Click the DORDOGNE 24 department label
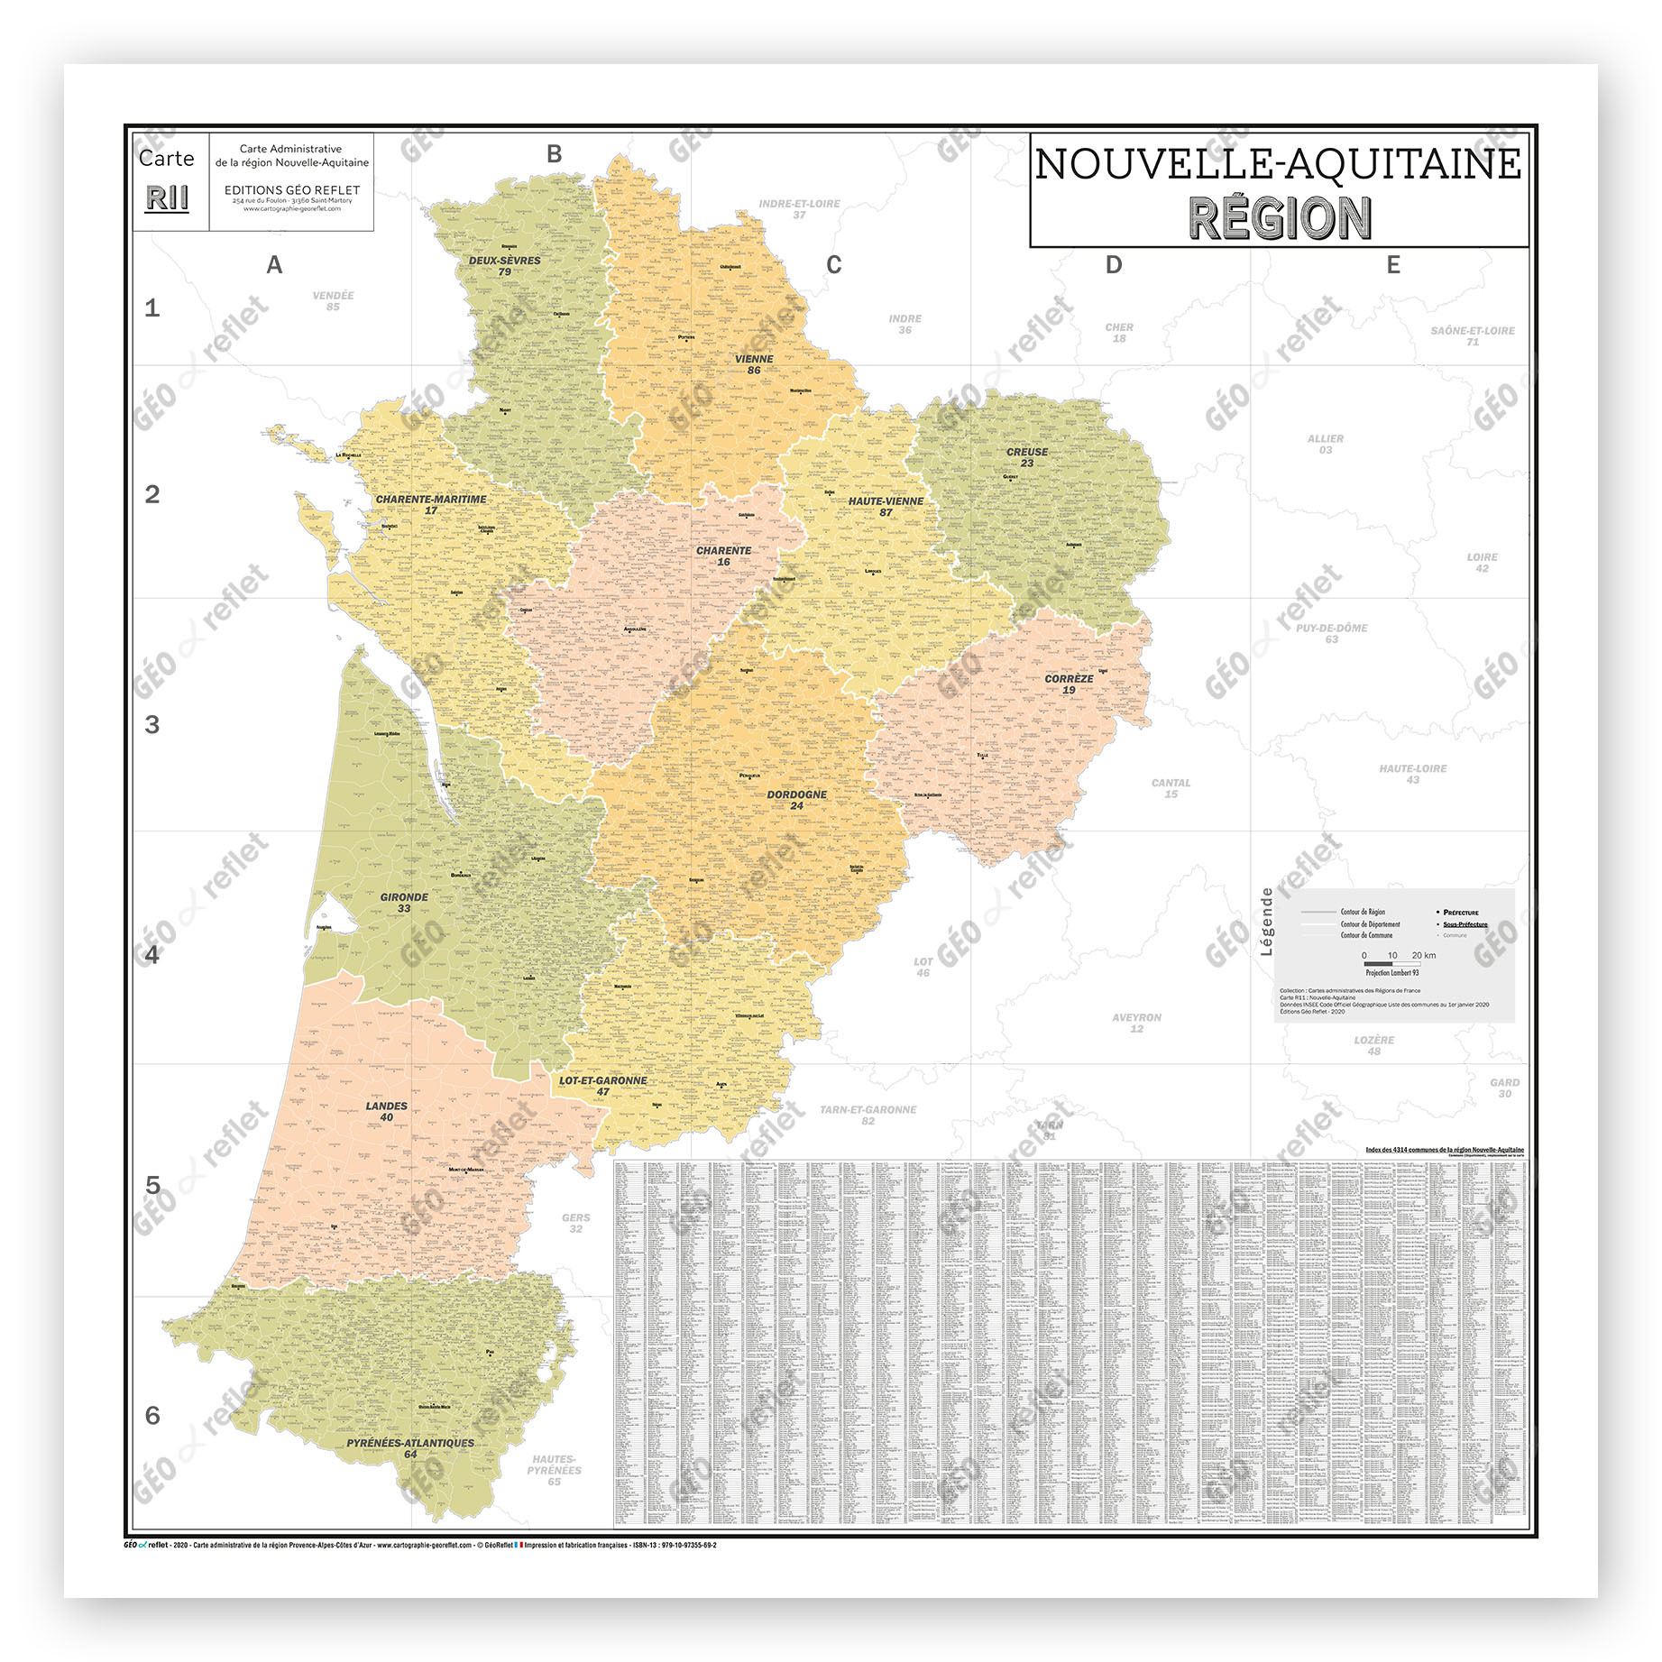[796, 800]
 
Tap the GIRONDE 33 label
[404, 903]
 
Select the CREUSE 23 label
[1027, 457]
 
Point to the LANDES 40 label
[386, 1111]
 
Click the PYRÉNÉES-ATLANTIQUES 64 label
[410, 1447]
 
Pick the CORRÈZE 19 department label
[1069, 684]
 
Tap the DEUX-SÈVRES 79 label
[504, 265]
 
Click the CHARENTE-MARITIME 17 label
[431, 504]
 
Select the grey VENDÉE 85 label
[333, 300]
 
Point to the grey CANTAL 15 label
[1171, 788]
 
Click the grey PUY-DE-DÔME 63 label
[1331, 633]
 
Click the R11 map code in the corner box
[168, 198]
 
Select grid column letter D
[1114, 265]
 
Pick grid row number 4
[152, 954]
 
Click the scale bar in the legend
[1391, 964]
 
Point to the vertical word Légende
[1267, 921]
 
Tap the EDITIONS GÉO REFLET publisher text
[291, 190]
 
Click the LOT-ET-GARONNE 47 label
[602, 1086]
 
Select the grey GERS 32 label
[575, 1223]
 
